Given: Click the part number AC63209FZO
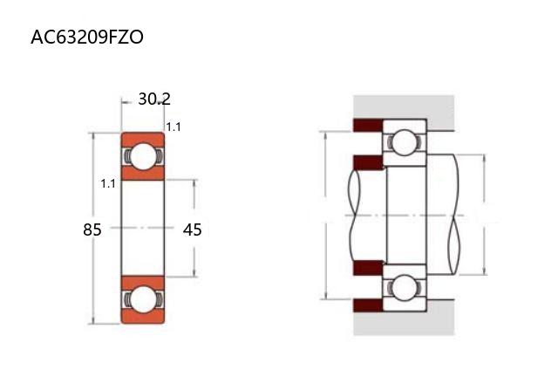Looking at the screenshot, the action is tap(87, 37).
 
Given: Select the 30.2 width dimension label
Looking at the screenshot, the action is tap(154, 99).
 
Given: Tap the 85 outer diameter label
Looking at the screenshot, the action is tap(92, 230).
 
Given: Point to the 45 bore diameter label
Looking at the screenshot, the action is tap(192, 230).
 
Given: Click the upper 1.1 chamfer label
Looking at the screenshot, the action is tap(174, 127).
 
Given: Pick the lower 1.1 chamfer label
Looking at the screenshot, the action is tap(108, 184).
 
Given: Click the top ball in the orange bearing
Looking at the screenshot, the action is tap(143, 156).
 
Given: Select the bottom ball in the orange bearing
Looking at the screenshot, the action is tap(143, 299).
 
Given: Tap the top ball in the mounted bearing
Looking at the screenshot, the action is tap(405, 142).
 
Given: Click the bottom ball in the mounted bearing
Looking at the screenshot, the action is tap(405, 287).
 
